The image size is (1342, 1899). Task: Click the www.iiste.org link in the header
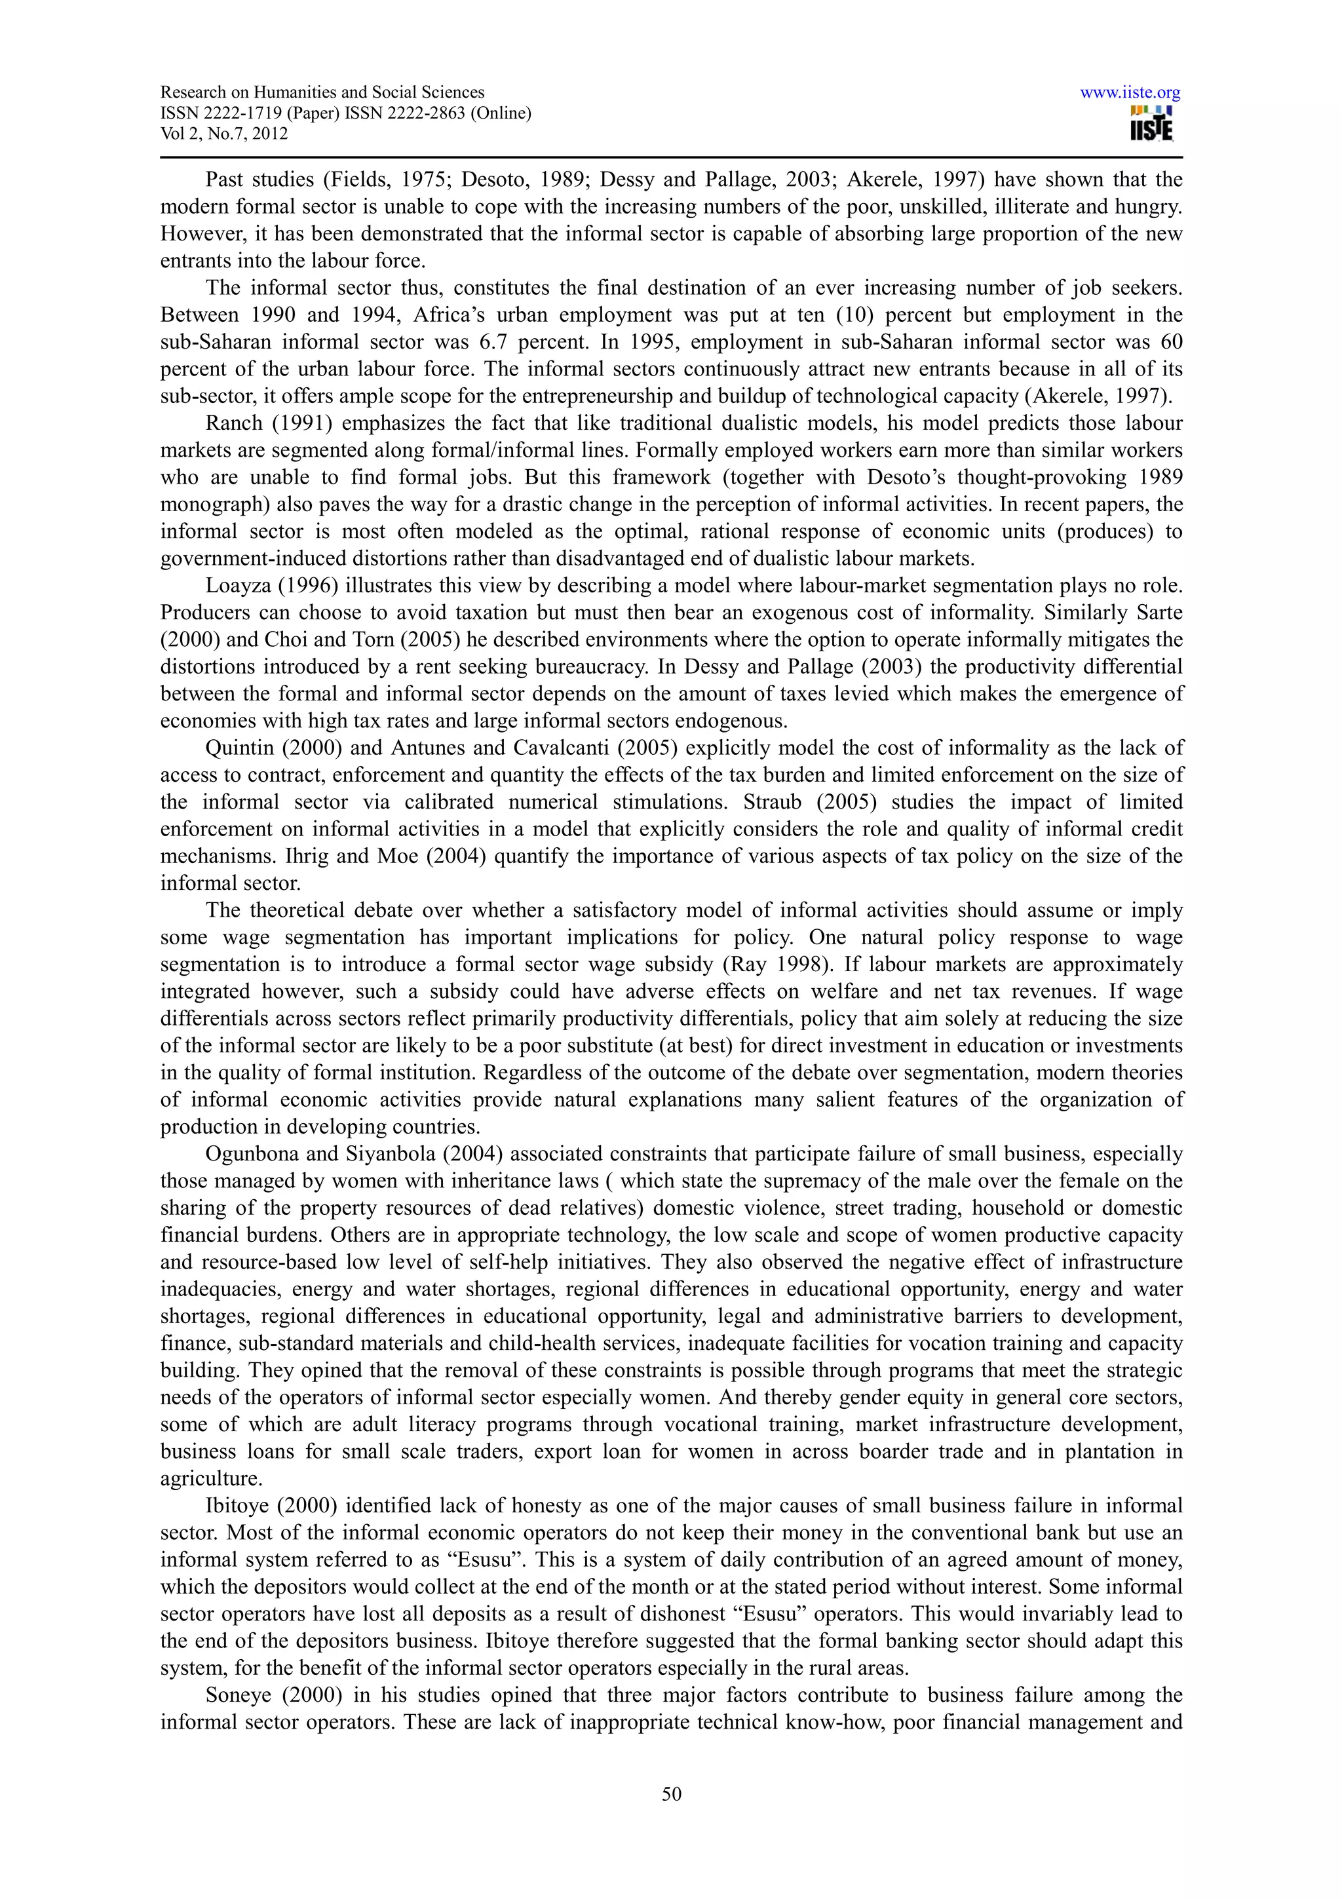(x=1130, y=92)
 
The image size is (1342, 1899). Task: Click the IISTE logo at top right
(x=1151, y=124)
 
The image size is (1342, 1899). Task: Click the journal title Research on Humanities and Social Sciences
(x=322, y=92)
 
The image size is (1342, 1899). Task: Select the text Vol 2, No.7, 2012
(x=224, y=134)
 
